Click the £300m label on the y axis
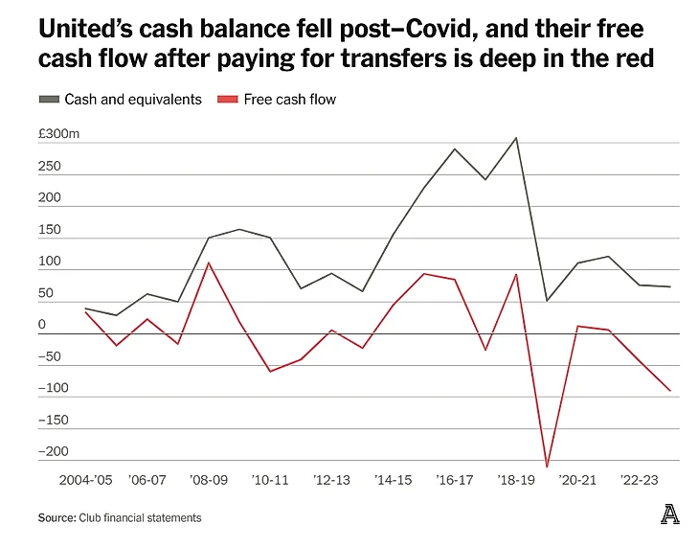(59, 135)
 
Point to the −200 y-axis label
(54, 451)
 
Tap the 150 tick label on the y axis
(49, 230)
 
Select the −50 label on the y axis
(49, 356)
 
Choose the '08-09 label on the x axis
(209, 479)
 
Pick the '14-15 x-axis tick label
(394, 479)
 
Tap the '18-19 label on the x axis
(516, 479)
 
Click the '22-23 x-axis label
(639, 479)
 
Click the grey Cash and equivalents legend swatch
(49, 100)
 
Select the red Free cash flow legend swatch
(228, 100)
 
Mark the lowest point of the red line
(547, 467)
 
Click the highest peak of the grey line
(516, 138)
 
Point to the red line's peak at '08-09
(209, 263)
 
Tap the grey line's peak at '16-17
(455, 148)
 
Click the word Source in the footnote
(56, 517)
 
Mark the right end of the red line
(670, 391)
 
